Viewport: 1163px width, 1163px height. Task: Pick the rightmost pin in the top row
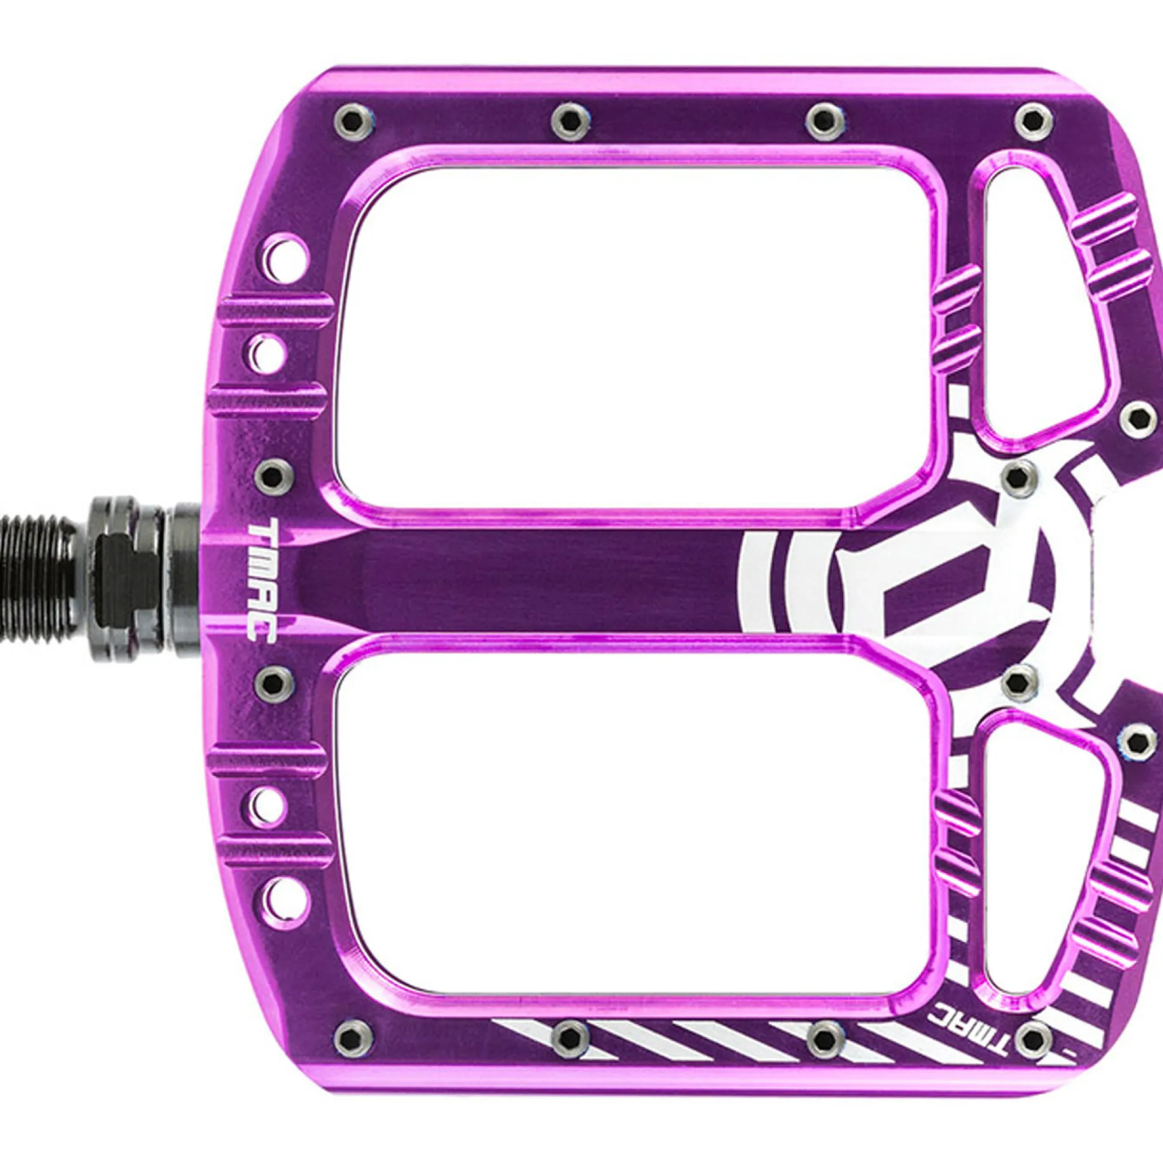pyautogui.click(x=1034, y=122)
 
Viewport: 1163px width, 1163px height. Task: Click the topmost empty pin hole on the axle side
pyautogui.click(x=286, y=261)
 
